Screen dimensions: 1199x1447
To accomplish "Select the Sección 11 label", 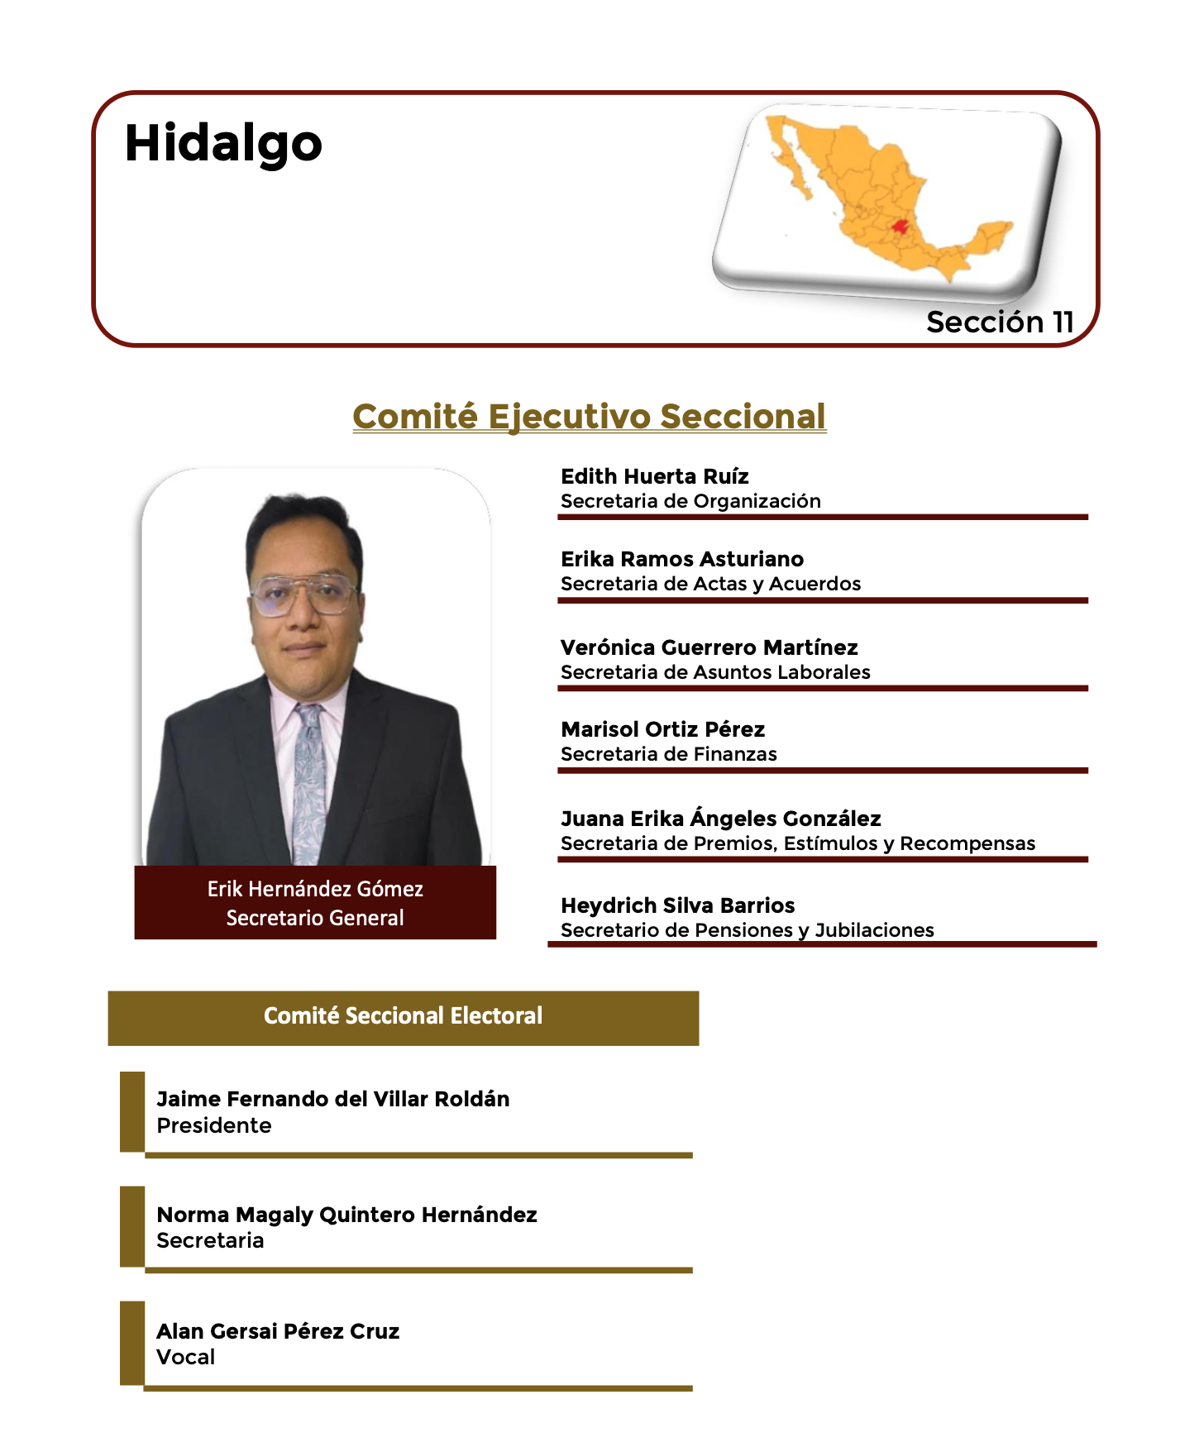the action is pos(1000,322).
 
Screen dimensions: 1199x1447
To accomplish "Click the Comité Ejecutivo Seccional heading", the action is pos(590,416).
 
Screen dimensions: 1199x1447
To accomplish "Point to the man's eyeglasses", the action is pos(304,594).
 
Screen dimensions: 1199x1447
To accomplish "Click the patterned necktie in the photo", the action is pos(309,781).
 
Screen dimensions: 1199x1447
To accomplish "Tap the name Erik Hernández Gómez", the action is pos(315,889).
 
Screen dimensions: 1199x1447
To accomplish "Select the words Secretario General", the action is pos(315,918).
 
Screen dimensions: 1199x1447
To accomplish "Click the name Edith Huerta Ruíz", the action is pos(655,476).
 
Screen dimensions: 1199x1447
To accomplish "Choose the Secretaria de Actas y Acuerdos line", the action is pos(711,584).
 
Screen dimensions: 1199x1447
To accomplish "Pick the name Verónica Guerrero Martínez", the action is pos(709,647).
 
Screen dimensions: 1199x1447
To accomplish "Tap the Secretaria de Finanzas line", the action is pos(669,754).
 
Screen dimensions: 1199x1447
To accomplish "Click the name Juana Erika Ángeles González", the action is pos(721,818).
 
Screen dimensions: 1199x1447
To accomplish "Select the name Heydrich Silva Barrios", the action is pos(678,905).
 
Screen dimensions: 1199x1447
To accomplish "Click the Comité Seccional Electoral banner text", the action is pos(404,1015).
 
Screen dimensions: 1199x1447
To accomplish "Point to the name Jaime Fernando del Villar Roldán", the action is pos(333,1099).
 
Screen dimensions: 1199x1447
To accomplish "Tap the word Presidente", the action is pos(214,1125).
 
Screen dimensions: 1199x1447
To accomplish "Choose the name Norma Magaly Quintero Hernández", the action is pos(347,1215).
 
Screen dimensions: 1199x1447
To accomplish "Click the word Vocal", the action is pos(186,1357).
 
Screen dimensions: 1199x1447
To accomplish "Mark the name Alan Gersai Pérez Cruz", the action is pos(279,1331).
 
